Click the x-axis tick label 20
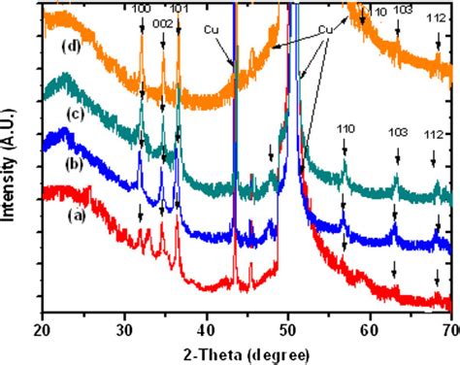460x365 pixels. click(x=42, y=328)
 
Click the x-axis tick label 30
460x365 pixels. click(x=123, y=328)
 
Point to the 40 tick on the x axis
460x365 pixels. click(x=206, y=328)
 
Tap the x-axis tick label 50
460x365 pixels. click(x=287, y=328)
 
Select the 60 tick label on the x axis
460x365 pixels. click(x=370, y=328)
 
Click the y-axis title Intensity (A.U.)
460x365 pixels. click(x=12, y=155)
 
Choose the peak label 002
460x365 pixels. click(x=163, y=21)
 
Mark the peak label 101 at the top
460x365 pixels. click(x=181, y=9)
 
